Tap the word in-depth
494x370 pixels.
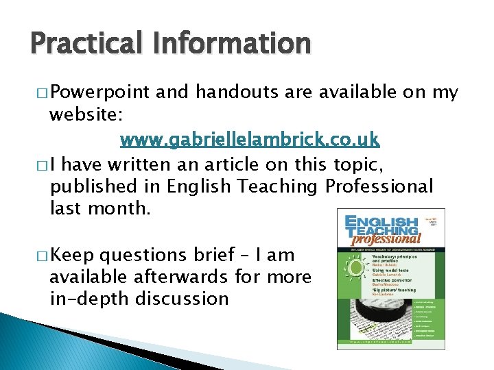84,299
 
